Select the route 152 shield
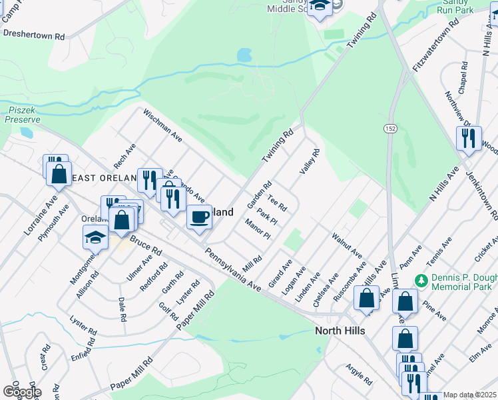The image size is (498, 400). [x=389, y=127]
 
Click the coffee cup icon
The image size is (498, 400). [x=198, y=217]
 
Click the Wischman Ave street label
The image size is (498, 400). [x=163, y=126]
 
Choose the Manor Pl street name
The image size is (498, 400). [x=258, y=229]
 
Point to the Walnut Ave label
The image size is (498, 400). [x=346, y=245]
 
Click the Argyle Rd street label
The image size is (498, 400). [x=359, y=374]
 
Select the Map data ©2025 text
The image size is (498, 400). [x=469, y=395]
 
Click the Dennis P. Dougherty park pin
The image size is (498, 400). [x=420, y=279]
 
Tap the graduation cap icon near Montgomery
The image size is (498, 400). [x=95, y=237]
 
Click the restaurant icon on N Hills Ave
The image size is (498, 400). [x=468, y=138]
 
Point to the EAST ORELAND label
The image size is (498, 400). [x=99, y=177]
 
